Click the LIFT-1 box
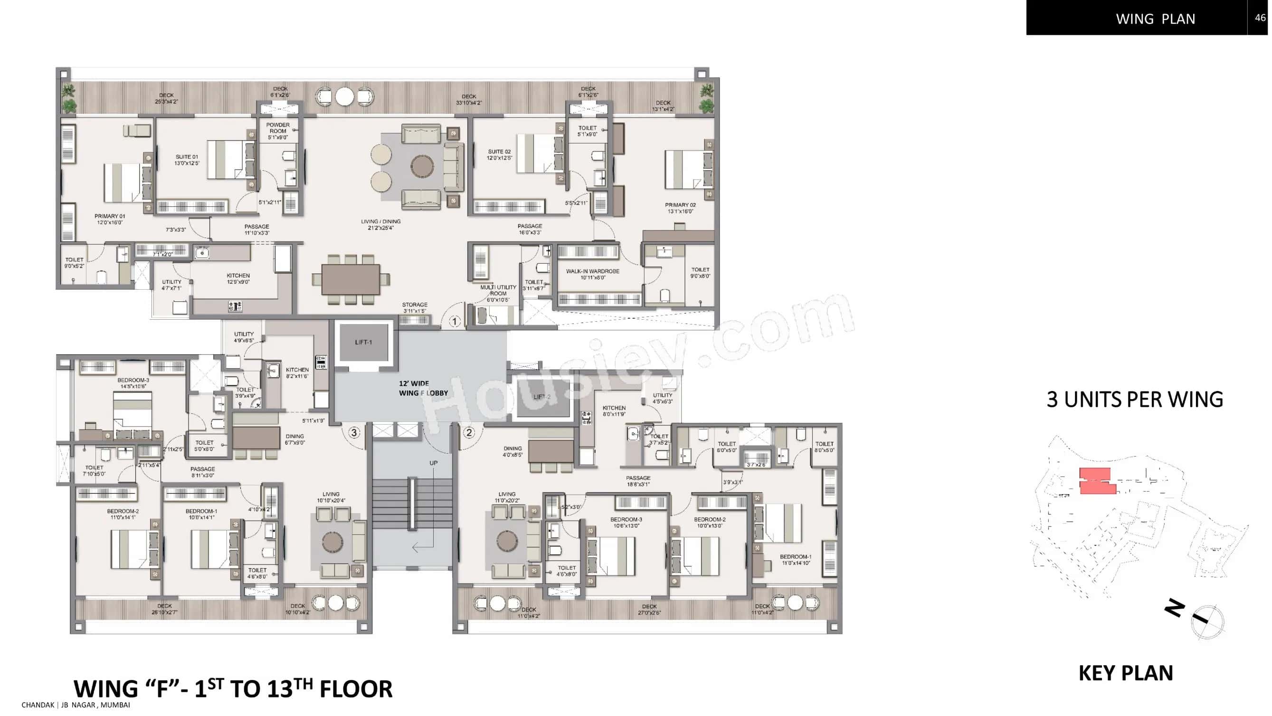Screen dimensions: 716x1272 tap(363, 342)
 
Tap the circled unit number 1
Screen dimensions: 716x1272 tap(454, 322)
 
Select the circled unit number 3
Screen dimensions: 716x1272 tap(353, 433)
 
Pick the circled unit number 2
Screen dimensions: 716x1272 tap(469, 433)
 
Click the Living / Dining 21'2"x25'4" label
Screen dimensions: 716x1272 tap(381, 225)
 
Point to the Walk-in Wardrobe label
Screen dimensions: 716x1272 tap(593, 274)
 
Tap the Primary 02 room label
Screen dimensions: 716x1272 tap(680, 208)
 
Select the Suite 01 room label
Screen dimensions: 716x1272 tap(187, 160)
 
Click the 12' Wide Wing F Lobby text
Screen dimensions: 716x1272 tap(423, 388)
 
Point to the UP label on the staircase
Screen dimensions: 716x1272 tap(433, 463)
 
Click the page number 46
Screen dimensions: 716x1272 tap(1260, 18)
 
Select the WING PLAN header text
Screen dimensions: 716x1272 tap(1156, 19)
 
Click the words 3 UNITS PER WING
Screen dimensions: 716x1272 tap(1135, 400)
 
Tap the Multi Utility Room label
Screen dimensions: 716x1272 tap(498, 293)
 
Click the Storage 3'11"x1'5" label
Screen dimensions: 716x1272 tap(414, 307)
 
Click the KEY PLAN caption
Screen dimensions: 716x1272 tap(1125, 673)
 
